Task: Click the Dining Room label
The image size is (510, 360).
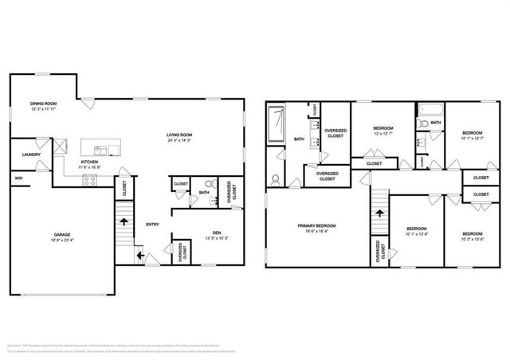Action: point(43,103)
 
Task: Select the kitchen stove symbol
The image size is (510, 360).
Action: point(90,180)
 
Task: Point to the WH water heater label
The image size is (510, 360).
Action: point(18,178)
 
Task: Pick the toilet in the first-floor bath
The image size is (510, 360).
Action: point(213,199)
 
